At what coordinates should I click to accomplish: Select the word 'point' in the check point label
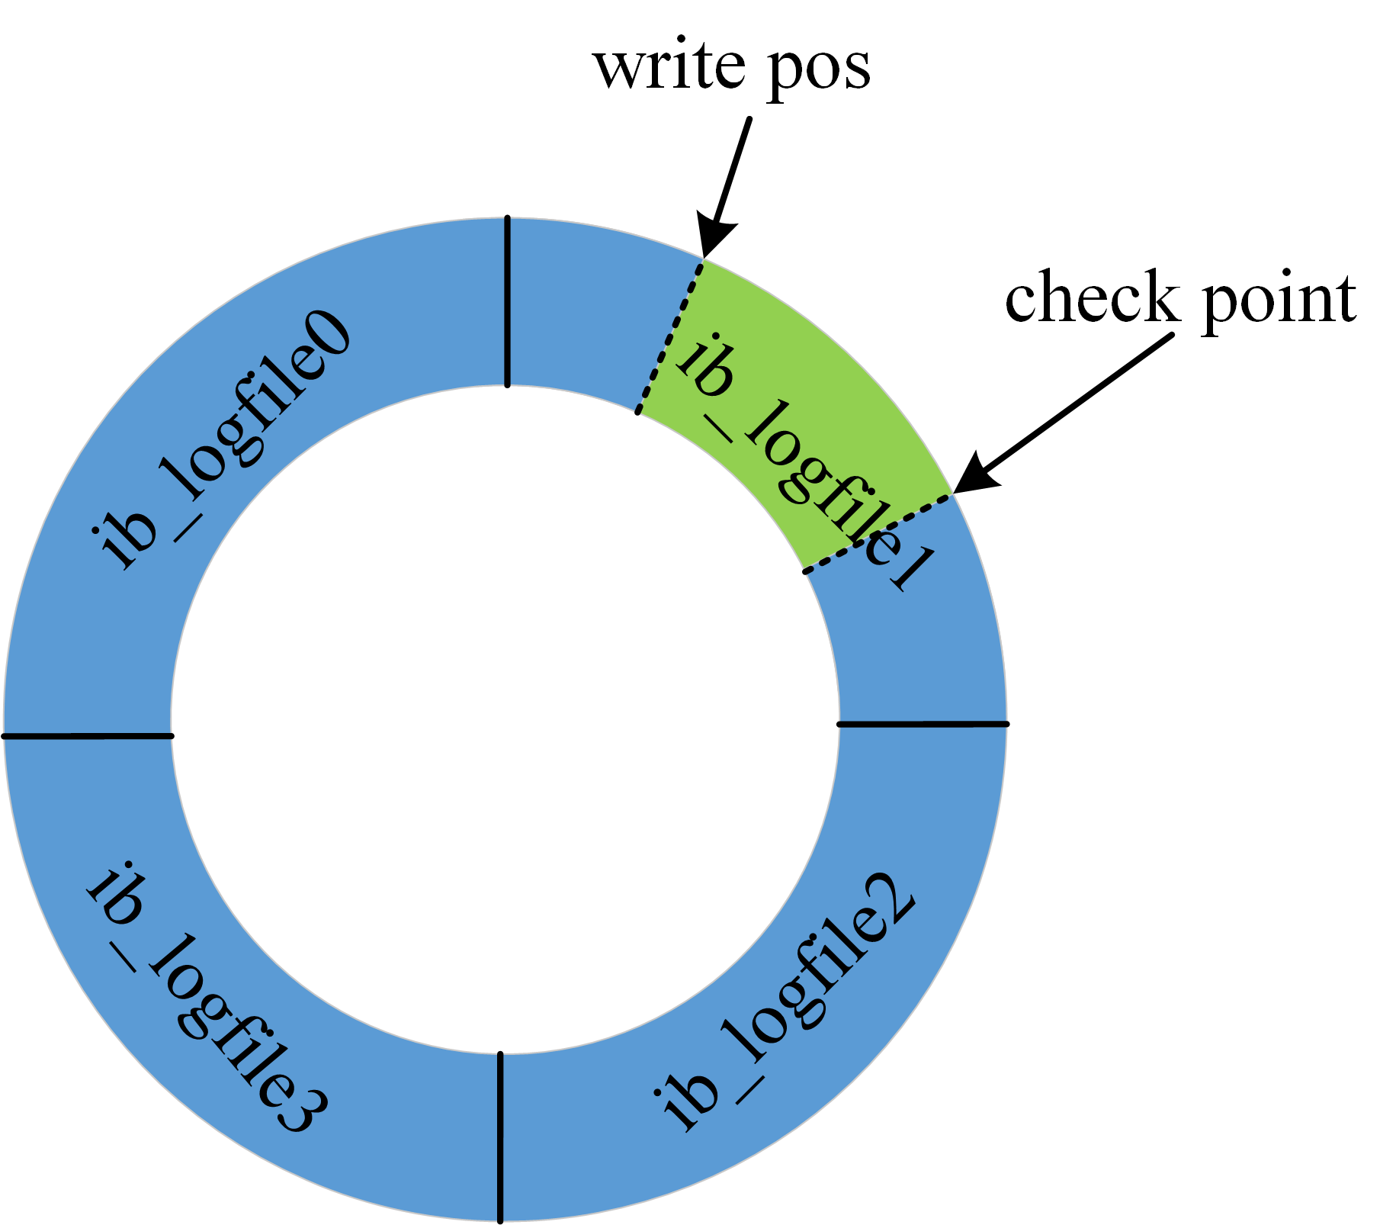click(1279, 302)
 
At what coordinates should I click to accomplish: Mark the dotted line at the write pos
click(670, 336)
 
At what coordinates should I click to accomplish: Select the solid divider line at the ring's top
click(507, 301)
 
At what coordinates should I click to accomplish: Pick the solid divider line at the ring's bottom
click(500, 1137)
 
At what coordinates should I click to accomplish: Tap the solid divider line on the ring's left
click(88, 736)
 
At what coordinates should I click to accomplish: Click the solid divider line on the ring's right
click(923, 724)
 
